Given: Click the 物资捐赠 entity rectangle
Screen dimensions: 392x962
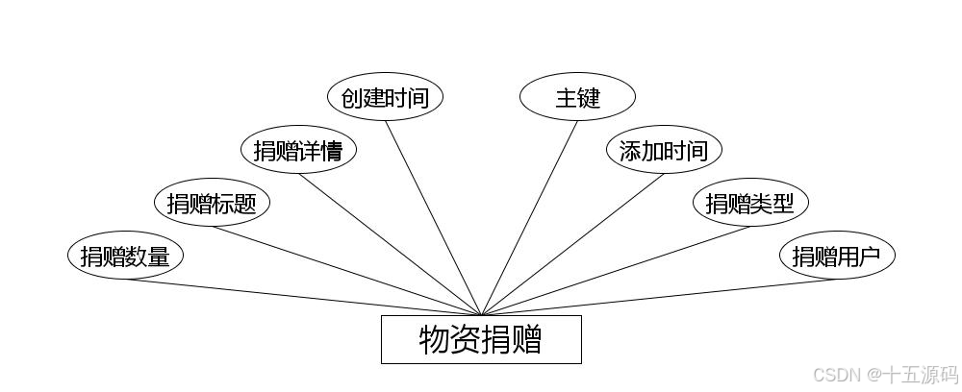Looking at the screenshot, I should click(x=481, y=339).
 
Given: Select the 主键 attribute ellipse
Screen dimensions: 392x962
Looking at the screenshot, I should click(x=577, y=97).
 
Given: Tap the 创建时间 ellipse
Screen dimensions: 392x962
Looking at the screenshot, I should click(x=385, y=97).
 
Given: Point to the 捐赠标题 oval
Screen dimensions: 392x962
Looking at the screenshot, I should click(x=212, y=203).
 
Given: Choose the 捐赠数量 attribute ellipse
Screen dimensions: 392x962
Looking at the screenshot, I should click(x=125, y=256).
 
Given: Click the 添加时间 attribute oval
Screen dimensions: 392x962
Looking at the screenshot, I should click(x=664, y=150).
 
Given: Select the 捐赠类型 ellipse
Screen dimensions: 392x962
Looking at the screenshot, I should click(x=750, y=203).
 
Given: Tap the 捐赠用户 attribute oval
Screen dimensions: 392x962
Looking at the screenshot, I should click(x=837, y=256).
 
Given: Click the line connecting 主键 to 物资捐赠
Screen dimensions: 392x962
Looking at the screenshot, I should click(x=529, y=217).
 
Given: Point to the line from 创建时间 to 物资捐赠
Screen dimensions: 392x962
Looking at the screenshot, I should click(x=433, y=217).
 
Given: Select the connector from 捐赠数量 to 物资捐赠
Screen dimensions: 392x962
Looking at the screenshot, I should click(x=303, y=297).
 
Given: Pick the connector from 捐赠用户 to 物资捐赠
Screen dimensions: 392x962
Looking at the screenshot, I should click(x=659, y=297).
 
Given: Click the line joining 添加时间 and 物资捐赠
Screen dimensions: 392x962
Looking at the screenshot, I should click(x=572, y=244).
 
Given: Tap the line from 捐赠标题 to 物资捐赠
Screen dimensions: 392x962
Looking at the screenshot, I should click(x=346, y=270).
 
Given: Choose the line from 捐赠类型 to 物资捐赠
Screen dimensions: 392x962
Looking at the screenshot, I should click(x=616, y=270).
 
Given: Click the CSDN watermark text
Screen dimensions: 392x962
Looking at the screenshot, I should click(x=835, y=374).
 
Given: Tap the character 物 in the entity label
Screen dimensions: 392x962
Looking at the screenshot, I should click(x=435, y=340).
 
